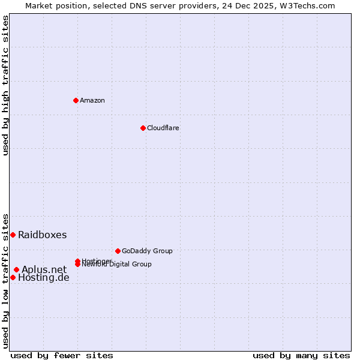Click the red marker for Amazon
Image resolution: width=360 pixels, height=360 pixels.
click(x=76, y=100)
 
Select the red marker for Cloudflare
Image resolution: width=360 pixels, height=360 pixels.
click(x=143, y=128)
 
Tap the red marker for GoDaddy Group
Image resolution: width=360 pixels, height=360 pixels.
click(x=118, y=251)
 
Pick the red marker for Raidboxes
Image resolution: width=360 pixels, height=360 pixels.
click(x=13, y=235)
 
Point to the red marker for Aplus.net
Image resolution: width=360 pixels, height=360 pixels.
click(x=16, y=269)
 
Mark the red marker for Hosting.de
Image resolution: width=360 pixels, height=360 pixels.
click(x=13, y=277)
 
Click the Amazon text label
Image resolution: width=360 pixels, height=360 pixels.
click(x=92, y=100)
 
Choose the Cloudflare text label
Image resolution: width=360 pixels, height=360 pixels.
click(x=163, y=128)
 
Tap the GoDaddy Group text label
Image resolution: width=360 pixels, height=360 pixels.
click(x=147, y=251)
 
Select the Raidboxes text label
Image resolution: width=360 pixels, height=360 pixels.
click(x=43, y=235)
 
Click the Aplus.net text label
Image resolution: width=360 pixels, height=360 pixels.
click(x=44, y=269)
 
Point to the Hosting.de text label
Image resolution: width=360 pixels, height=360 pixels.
click(x=44, y=278)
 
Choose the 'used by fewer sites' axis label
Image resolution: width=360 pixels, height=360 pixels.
click(x=62, y=355)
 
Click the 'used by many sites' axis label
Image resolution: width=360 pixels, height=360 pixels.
click(x=301, y=355)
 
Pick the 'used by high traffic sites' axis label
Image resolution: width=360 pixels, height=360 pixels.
click(x=5, y=85)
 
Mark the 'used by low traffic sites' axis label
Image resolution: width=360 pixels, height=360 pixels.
click(x=5, y=281)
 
